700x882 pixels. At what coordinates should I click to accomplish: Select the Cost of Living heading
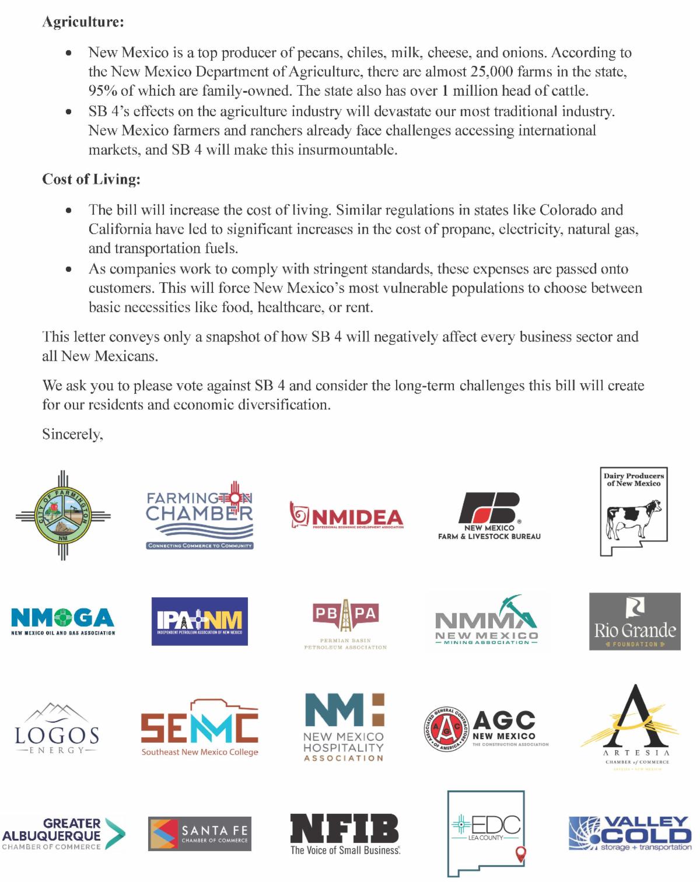91,179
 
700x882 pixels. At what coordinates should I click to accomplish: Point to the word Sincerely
72,434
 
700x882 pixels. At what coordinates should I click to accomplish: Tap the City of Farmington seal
63,514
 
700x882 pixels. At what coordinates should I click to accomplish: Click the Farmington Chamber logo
199,515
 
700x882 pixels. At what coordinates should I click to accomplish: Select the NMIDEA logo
346,516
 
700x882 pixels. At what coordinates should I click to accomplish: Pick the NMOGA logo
63,621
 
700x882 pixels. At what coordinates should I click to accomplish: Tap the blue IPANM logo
199,621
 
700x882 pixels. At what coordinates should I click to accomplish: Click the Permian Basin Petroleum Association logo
345,623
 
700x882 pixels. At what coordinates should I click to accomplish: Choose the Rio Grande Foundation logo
635,621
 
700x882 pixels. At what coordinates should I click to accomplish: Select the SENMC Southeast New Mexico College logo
199,727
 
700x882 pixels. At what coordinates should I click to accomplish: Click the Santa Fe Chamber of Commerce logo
199,834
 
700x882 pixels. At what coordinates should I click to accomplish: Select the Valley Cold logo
630,834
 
